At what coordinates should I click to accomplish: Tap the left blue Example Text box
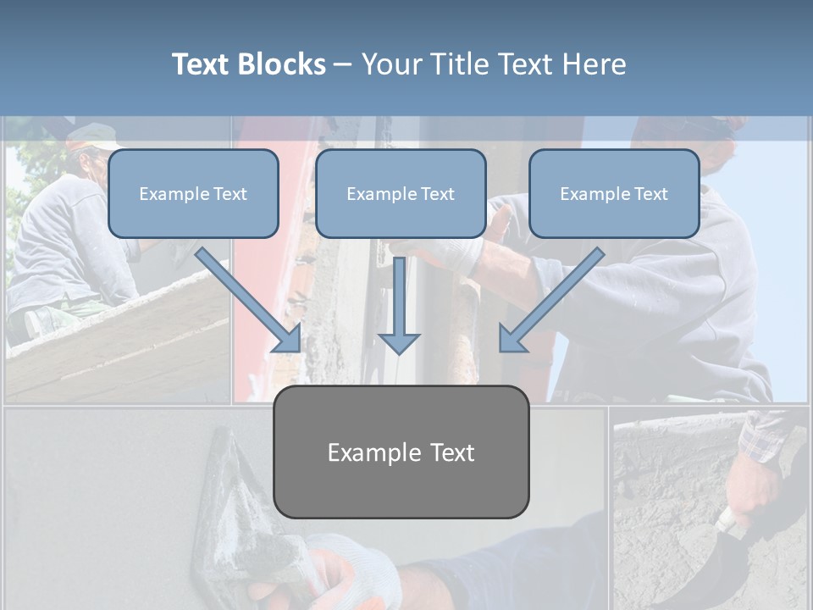(193, 193)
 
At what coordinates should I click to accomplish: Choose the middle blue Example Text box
(401, 193)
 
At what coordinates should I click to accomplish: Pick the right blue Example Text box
(614, 193)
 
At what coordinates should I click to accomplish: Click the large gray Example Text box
(401, 452)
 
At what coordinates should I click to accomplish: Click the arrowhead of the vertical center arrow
(399, 343)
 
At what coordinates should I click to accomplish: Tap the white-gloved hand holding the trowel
(347, 576)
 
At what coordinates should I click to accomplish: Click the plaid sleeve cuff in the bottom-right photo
(762, 441)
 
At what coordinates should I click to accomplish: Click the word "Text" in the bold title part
(202, 64)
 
